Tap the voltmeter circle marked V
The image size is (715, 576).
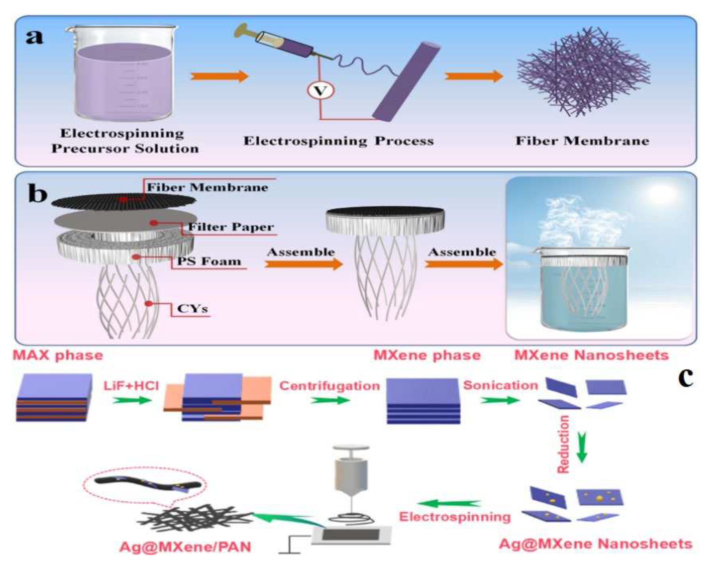(x=320, y=90)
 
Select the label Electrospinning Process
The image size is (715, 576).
(x=338, y=141)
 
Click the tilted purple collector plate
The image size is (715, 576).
(x=406, y=81)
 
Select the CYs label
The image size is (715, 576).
(x=193, y=309)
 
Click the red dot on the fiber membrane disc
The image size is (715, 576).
(x=123, y=199)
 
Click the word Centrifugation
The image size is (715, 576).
(x=330, y=386)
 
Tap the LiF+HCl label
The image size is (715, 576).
(x=131, y=386)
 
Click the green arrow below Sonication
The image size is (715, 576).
(x=500, y=400)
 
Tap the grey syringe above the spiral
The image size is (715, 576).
(x=351, y=473)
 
